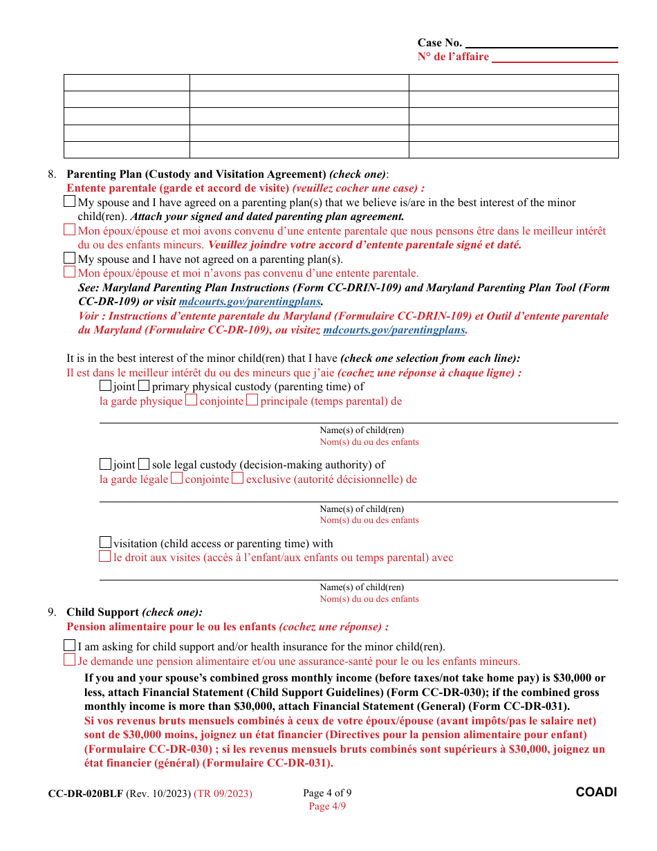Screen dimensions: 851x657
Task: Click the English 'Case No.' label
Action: coord(439,43)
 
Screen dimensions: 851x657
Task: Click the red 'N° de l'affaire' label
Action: coord(453,57)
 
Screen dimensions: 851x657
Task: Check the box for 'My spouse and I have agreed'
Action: coord(69,202)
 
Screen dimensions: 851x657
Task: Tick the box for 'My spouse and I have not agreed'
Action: coord(69,259)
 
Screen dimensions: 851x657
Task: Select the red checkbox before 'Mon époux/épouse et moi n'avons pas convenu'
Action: coord(69,273)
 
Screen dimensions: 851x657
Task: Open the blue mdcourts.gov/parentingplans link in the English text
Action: coord(250,302)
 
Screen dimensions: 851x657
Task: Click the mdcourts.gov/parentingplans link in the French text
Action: coord(394,330)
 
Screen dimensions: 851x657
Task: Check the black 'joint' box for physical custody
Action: coord(106,386)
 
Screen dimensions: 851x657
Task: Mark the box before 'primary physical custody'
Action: coord(144,386)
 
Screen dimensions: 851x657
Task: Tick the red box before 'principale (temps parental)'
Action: coord(252,400)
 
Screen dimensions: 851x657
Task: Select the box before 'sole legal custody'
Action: coord(144,464)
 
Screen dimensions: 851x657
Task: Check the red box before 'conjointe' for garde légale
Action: coord(177,478)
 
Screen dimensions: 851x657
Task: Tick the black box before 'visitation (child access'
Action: coord(106,543)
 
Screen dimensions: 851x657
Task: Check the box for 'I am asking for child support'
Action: coord(69,646)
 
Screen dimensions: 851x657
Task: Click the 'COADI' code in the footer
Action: coord(596,792)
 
